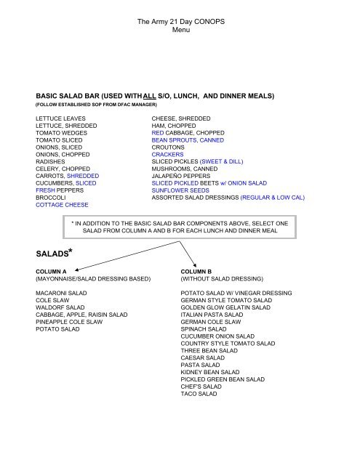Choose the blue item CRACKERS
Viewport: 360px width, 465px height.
(x=169, y=153)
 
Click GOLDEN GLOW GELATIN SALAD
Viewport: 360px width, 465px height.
(x=225, y=307)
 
